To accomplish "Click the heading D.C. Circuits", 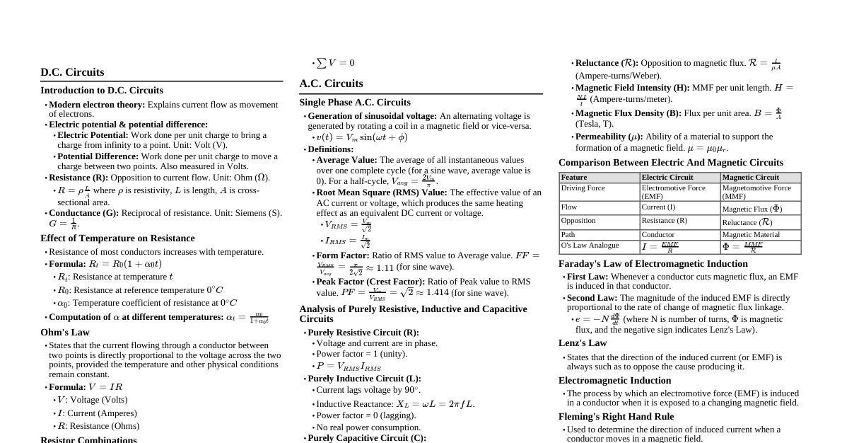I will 72,72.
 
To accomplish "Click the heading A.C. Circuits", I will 331,84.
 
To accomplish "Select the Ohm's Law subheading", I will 65,332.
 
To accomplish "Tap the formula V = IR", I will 105,387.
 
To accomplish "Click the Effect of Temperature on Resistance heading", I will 117,238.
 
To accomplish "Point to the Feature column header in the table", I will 574,178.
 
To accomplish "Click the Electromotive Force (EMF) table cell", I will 673,192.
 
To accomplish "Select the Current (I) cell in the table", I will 658,207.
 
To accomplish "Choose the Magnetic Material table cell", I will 751,235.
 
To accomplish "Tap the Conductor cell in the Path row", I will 657,235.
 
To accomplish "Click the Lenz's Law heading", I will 583,343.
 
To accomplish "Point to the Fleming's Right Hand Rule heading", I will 616,417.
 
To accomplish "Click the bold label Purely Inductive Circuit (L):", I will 364,379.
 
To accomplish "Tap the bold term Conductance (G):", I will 84,213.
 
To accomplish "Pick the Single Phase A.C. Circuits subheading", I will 355,103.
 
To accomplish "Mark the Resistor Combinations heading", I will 88,439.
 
